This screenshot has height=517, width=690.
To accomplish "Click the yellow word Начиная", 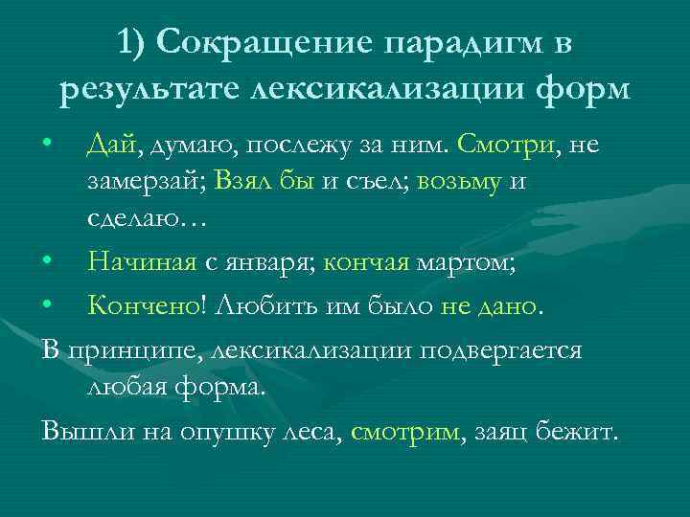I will (x=142, y=258).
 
